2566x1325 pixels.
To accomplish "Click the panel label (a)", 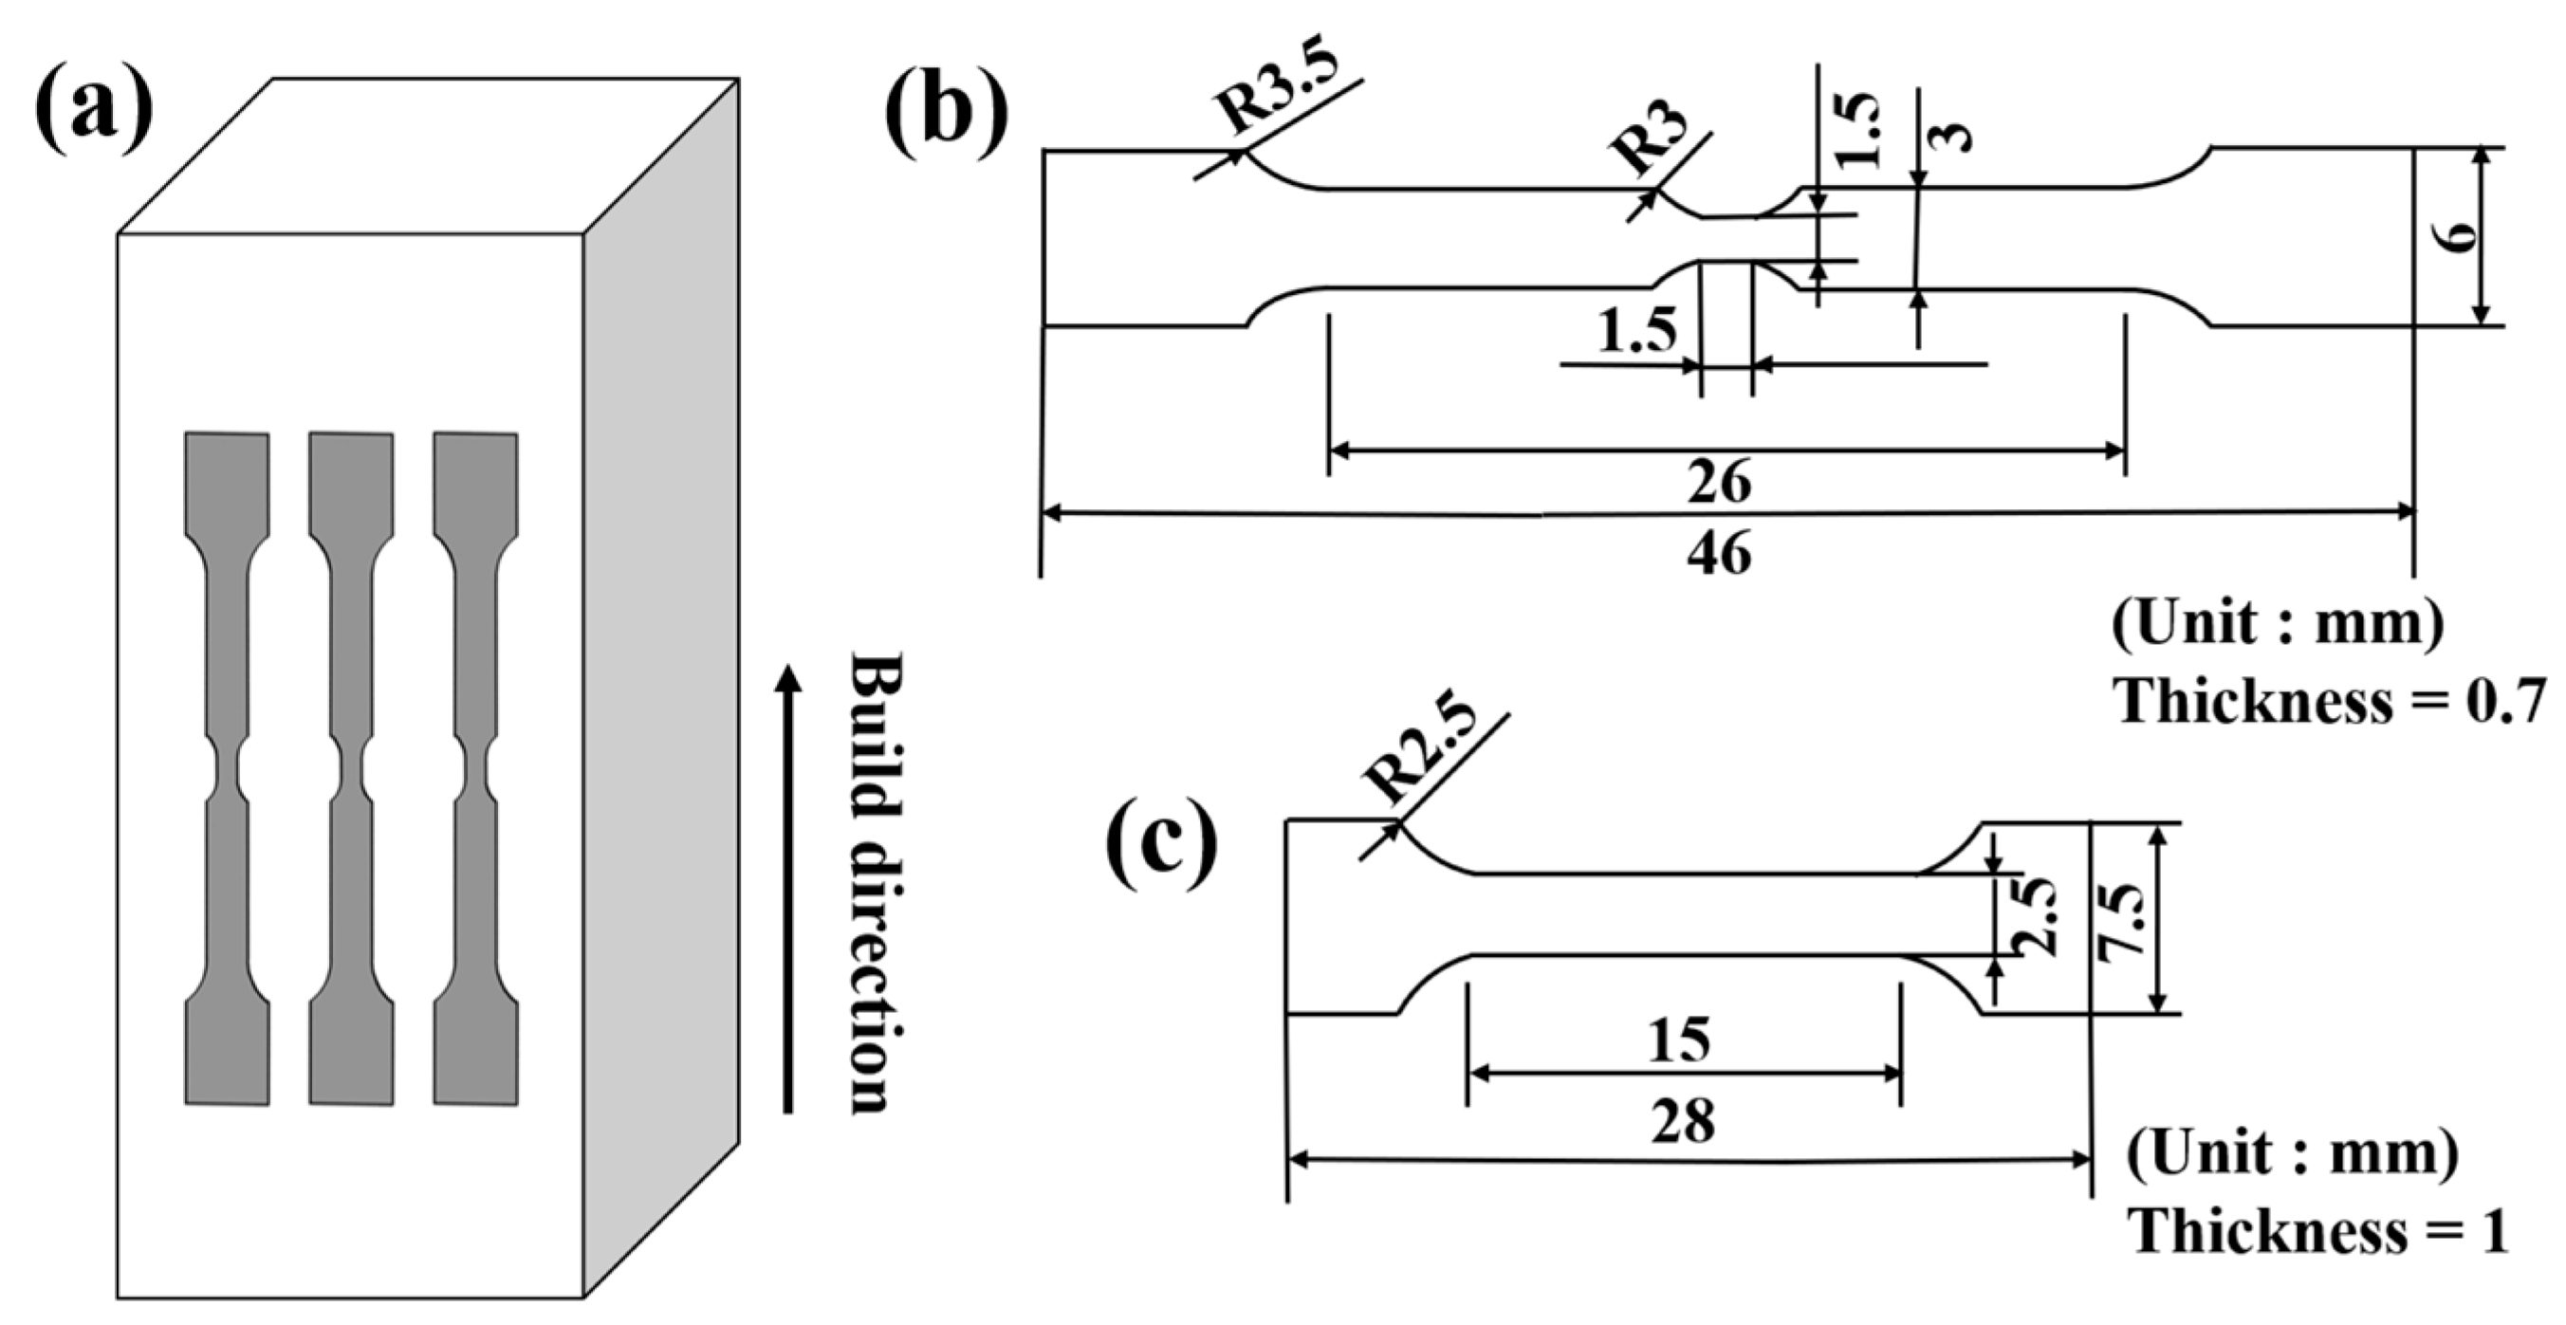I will coord(95,112).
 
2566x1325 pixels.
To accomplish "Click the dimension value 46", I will coord(1719,554).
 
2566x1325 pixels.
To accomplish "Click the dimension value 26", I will coord(1719,483).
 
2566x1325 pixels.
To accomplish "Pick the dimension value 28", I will coord(1684,1122).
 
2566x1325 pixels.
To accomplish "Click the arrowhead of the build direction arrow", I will coord(788,677).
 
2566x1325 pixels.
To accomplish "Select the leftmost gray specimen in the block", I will coord(227,768).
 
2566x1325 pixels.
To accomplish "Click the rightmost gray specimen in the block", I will coord(476,768).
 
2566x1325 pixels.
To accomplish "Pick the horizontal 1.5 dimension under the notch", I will coord(1637,332).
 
